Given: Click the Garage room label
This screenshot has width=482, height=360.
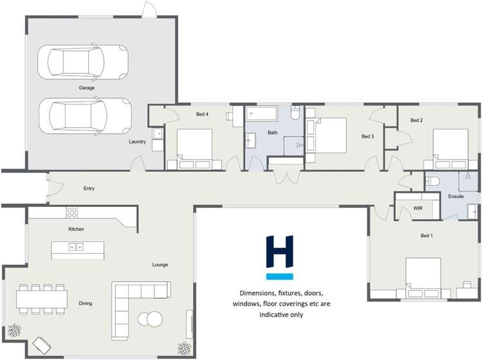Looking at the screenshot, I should click(x=87, y=87).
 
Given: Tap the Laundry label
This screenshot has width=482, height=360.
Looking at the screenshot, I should click(x=137, y=141).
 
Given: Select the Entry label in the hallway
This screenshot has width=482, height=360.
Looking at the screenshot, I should click(x=89, y=188).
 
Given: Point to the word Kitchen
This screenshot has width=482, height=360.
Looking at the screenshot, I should click(x=77, y=229).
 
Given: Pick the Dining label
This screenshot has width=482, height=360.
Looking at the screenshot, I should click(x=85, y=303).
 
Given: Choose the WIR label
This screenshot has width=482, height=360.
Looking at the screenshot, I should click(x=418, y=208).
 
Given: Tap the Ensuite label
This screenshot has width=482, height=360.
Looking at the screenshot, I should click(x=456, y=196).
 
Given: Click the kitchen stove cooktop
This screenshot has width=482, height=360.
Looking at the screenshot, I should click(x=72, y=212).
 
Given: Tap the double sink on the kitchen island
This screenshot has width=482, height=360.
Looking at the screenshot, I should click(x=77, y=246).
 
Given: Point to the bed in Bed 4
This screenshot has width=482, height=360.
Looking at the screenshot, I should click(x=194, y=147).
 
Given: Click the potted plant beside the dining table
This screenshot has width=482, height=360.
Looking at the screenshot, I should click(x=14, y=331).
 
